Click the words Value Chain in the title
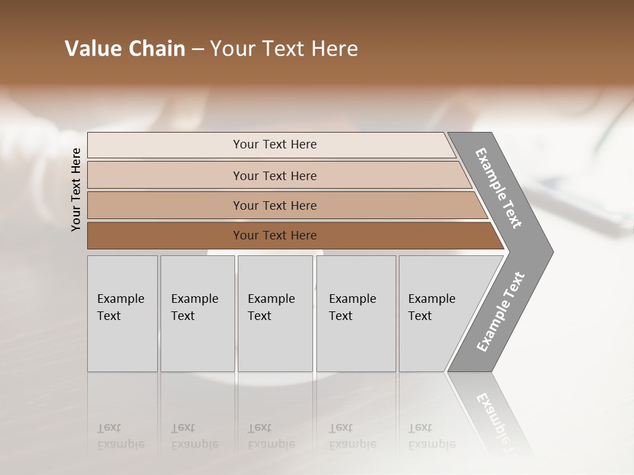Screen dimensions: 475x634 tap(125, 49)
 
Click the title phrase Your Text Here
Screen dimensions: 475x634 tap(284, 49)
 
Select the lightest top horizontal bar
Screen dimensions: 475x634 tap(165, 144)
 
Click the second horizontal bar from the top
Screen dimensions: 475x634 tap(165, 175)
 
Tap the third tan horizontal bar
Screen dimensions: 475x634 tap(165, 205)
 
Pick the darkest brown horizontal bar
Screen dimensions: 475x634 tap(165, 236)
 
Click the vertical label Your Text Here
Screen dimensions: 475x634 tap(76, 190)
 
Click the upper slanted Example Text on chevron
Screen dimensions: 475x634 tap(499, 188)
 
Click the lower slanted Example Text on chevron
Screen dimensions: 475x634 tap(500, 312)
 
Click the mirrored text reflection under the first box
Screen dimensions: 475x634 tap(120, 436)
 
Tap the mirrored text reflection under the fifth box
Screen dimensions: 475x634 tap(431, 436)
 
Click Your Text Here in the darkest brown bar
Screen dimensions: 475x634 tap(275, 236)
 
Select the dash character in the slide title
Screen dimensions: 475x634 tap(197, 49)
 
